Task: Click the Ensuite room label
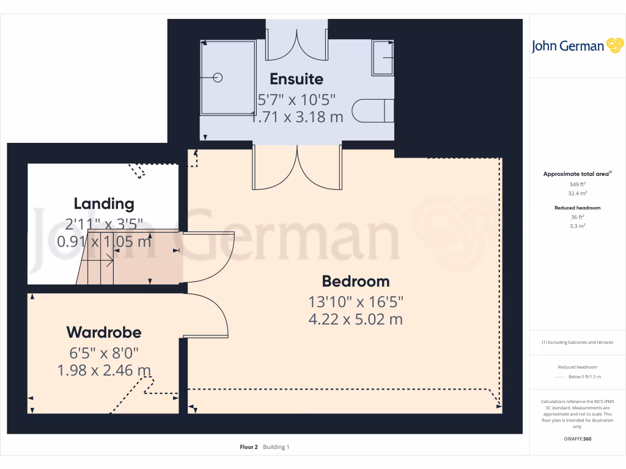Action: coord(296,79)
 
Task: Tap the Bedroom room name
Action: coord(355,282)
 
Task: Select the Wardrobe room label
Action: coord(104,332)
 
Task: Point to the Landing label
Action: coord(104,203)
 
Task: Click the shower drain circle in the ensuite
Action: coord(218,78)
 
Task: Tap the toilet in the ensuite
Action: coord(374,111)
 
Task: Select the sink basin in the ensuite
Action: coord(383,58)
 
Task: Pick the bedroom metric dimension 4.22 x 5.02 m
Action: coord(355,319)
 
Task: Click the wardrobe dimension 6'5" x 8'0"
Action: coord(104,352)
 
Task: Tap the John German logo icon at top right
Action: coord(614,46)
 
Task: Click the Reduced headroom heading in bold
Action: coord(577,208)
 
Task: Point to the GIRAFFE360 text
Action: coord(577,439)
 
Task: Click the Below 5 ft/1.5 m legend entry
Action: coord(584,377)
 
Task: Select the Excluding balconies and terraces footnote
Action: coord(577,342)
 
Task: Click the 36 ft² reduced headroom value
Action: coord(577,217)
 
